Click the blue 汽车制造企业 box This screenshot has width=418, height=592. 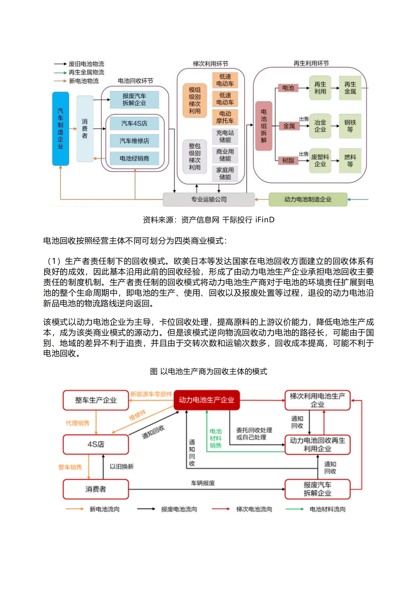[x=60, y=128]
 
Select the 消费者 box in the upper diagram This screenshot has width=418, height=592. [x=85, y=128]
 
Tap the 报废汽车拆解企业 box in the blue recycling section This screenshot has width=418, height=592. [x=134, y=100]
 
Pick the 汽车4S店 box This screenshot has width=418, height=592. [x=134, y=123]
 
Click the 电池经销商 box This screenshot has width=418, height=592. [x=134, y=158]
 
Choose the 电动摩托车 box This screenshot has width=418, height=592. [x=225, y=117]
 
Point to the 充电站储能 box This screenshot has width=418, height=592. [x=225, y=136]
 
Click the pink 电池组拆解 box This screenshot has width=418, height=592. [x=264, y=126]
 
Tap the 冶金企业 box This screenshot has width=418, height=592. [x=320, y=126]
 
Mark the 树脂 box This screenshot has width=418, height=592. [x=288, y=160]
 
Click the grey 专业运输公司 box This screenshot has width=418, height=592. [x=209, y=199]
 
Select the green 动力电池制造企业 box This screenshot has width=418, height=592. [x=308, y=199]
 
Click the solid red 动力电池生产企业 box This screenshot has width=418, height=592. [x=206, y=400]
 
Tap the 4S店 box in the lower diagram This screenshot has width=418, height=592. [x=96, y=444]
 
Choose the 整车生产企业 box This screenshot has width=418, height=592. [x=96, y=400]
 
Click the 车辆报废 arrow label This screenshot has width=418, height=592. [x=203, y=483]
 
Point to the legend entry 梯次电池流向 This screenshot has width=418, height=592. [x=254, y=509]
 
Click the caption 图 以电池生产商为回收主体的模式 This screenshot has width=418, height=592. [x=208, y=371]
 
